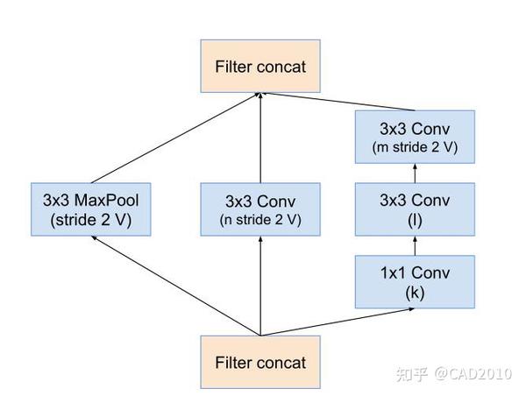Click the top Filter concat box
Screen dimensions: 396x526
(x=260, y=67)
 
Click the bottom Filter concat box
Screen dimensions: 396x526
(x=260, y=362)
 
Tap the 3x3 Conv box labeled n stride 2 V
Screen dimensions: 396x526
(x=260, y=209)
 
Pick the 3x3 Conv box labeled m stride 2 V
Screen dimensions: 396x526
(x=416, y=137)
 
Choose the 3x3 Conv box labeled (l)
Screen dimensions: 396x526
(x=416, y=209)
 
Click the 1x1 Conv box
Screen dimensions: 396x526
(x=416, y=282)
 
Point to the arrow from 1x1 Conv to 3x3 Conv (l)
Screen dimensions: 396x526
(x=416, y=246)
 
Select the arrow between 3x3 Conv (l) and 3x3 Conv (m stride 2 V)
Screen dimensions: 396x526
(x=416, y=173)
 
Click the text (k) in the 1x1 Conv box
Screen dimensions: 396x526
(x=416, y=293)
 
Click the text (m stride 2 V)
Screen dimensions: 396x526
(x=416, y=146)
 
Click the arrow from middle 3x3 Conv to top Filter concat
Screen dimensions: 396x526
(x=260, y=140)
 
